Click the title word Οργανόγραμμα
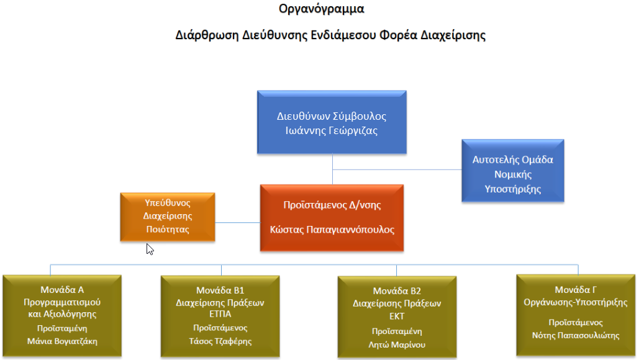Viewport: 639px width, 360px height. point(321,9)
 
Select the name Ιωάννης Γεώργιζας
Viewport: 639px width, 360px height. point(332,131)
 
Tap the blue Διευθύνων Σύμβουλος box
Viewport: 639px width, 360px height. point(332,122)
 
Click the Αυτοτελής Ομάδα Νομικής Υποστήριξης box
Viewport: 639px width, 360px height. point(513,171)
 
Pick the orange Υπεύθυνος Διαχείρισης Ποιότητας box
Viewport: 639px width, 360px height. point(168,217)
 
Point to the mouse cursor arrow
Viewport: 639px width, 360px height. point(150,250)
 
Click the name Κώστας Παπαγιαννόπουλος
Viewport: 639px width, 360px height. point(332,230)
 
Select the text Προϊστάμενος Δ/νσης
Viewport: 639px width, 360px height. point(332,205)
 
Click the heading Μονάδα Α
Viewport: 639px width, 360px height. point(62,290)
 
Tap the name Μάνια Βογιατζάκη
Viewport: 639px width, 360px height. point(62,341)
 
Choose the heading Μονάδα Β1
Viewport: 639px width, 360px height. point(220,290)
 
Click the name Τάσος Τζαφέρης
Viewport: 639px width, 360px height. point(220,341)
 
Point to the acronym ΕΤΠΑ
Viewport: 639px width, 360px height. point(220,314)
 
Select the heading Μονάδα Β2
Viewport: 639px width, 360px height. point(397,291)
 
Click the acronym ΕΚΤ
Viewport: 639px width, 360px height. point(397,317)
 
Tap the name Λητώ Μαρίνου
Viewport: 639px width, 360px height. point(397,344)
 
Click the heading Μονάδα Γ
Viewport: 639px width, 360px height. point(576,290)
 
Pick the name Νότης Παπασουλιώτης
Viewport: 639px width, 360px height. point(576,336)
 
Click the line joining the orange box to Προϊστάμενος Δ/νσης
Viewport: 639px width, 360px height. point(238,222)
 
